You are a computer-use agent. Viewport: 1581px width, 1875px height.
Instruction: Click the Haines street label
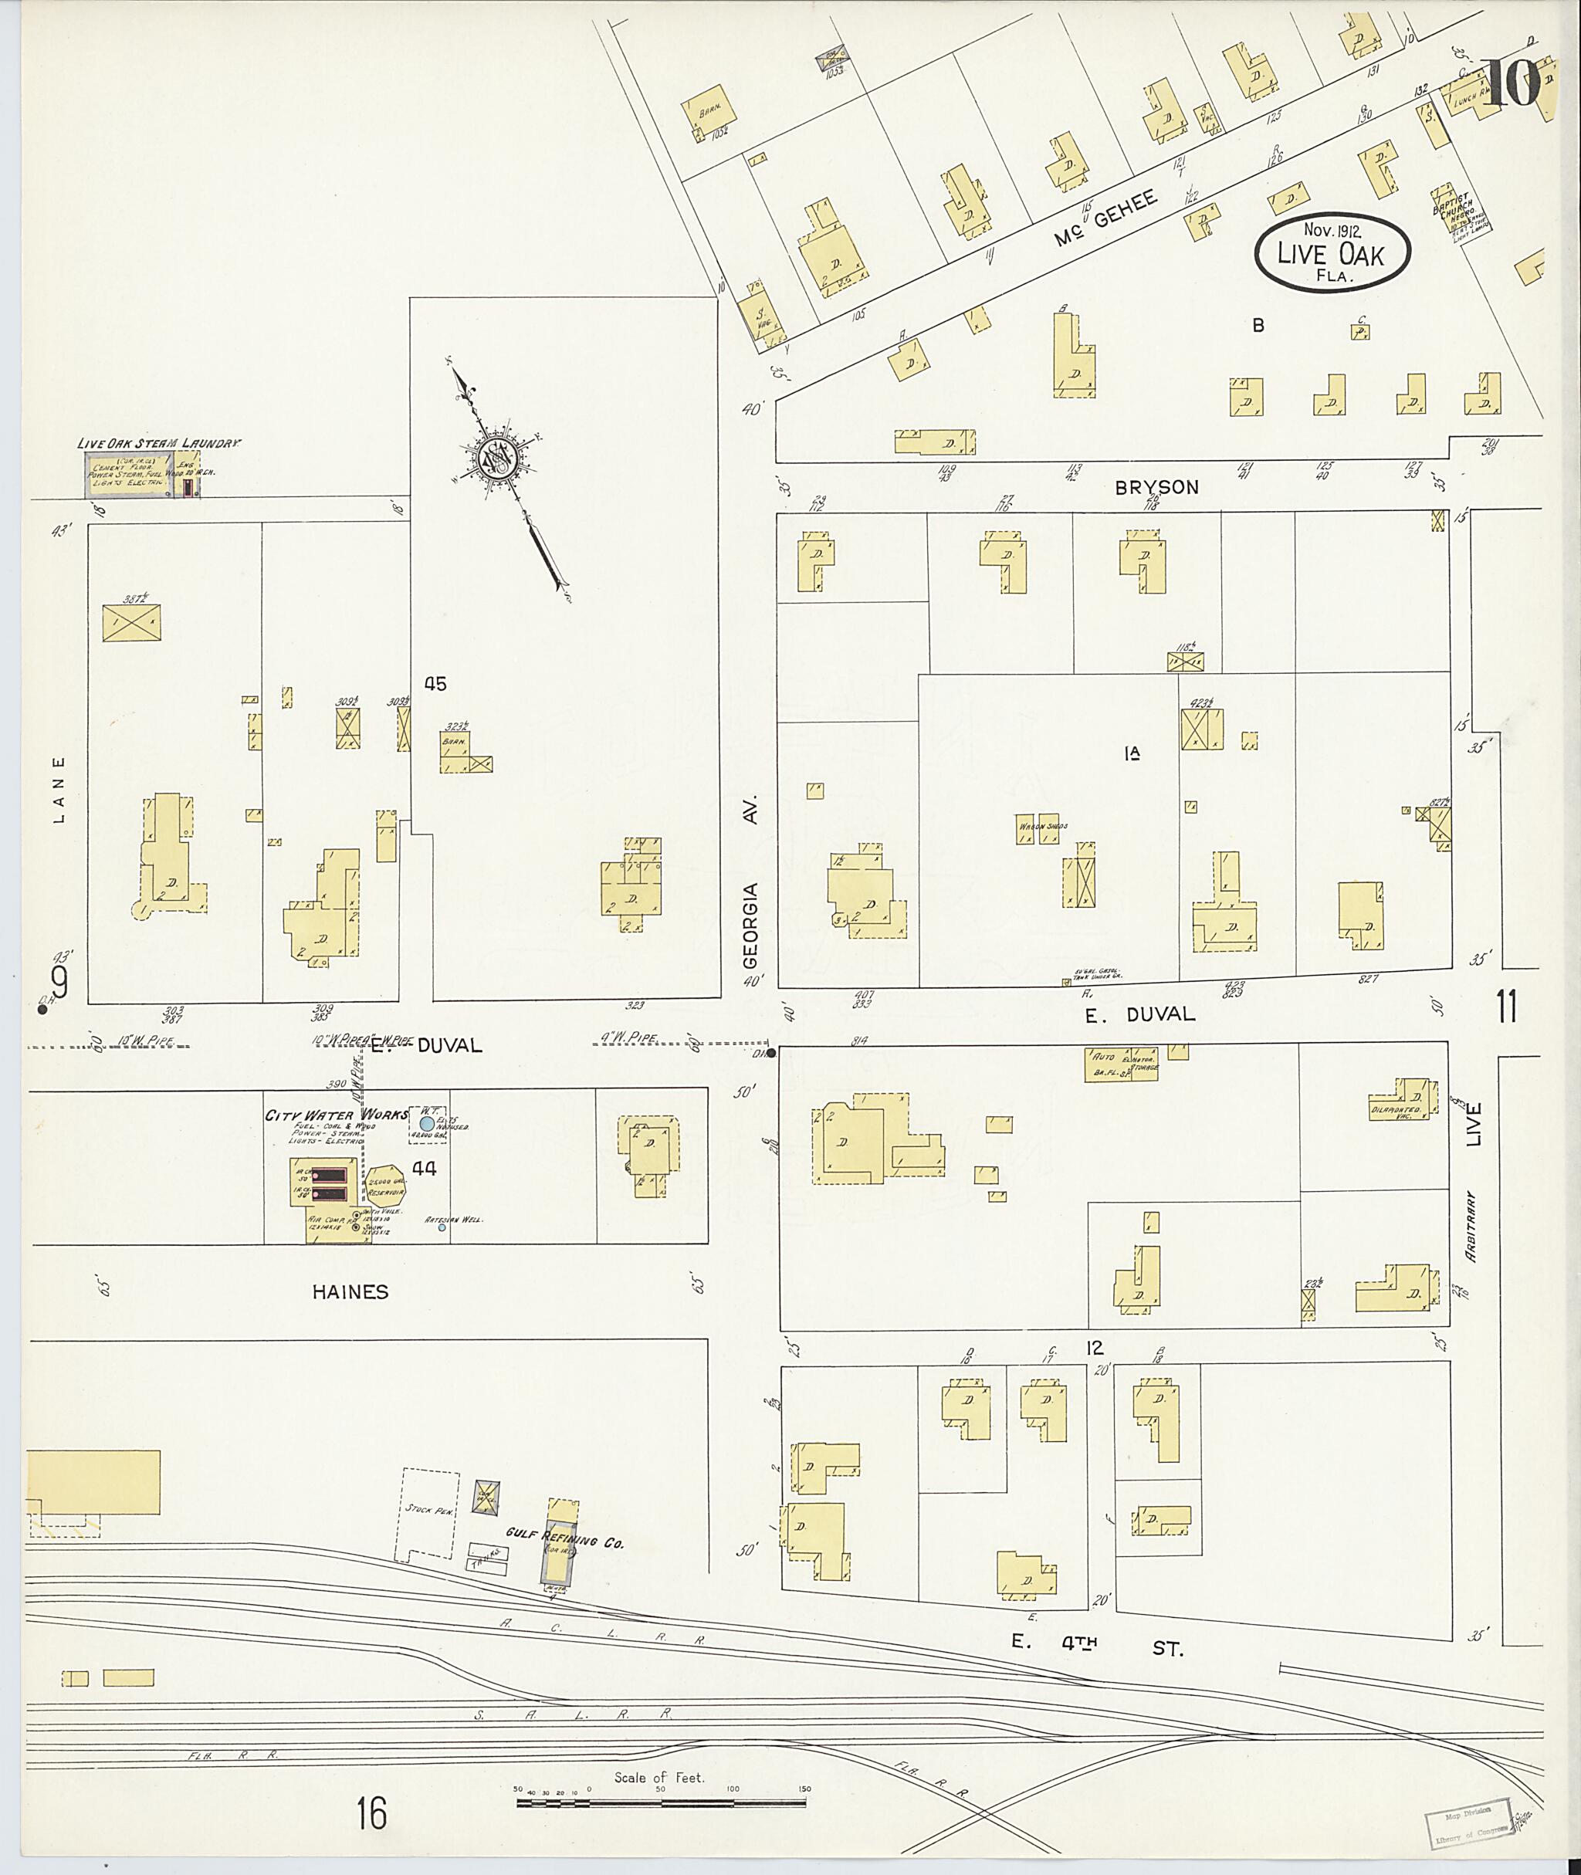coord(350,1291)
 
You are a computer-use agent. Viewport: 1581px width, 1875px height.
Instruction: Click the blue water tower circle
coord(428,1123)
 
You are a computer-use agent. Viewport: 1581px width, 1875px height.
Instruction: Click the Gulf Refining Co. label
coord(564,1538)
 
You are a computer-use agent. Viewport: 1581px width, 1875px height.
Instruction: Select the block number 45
coord(435,684)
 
